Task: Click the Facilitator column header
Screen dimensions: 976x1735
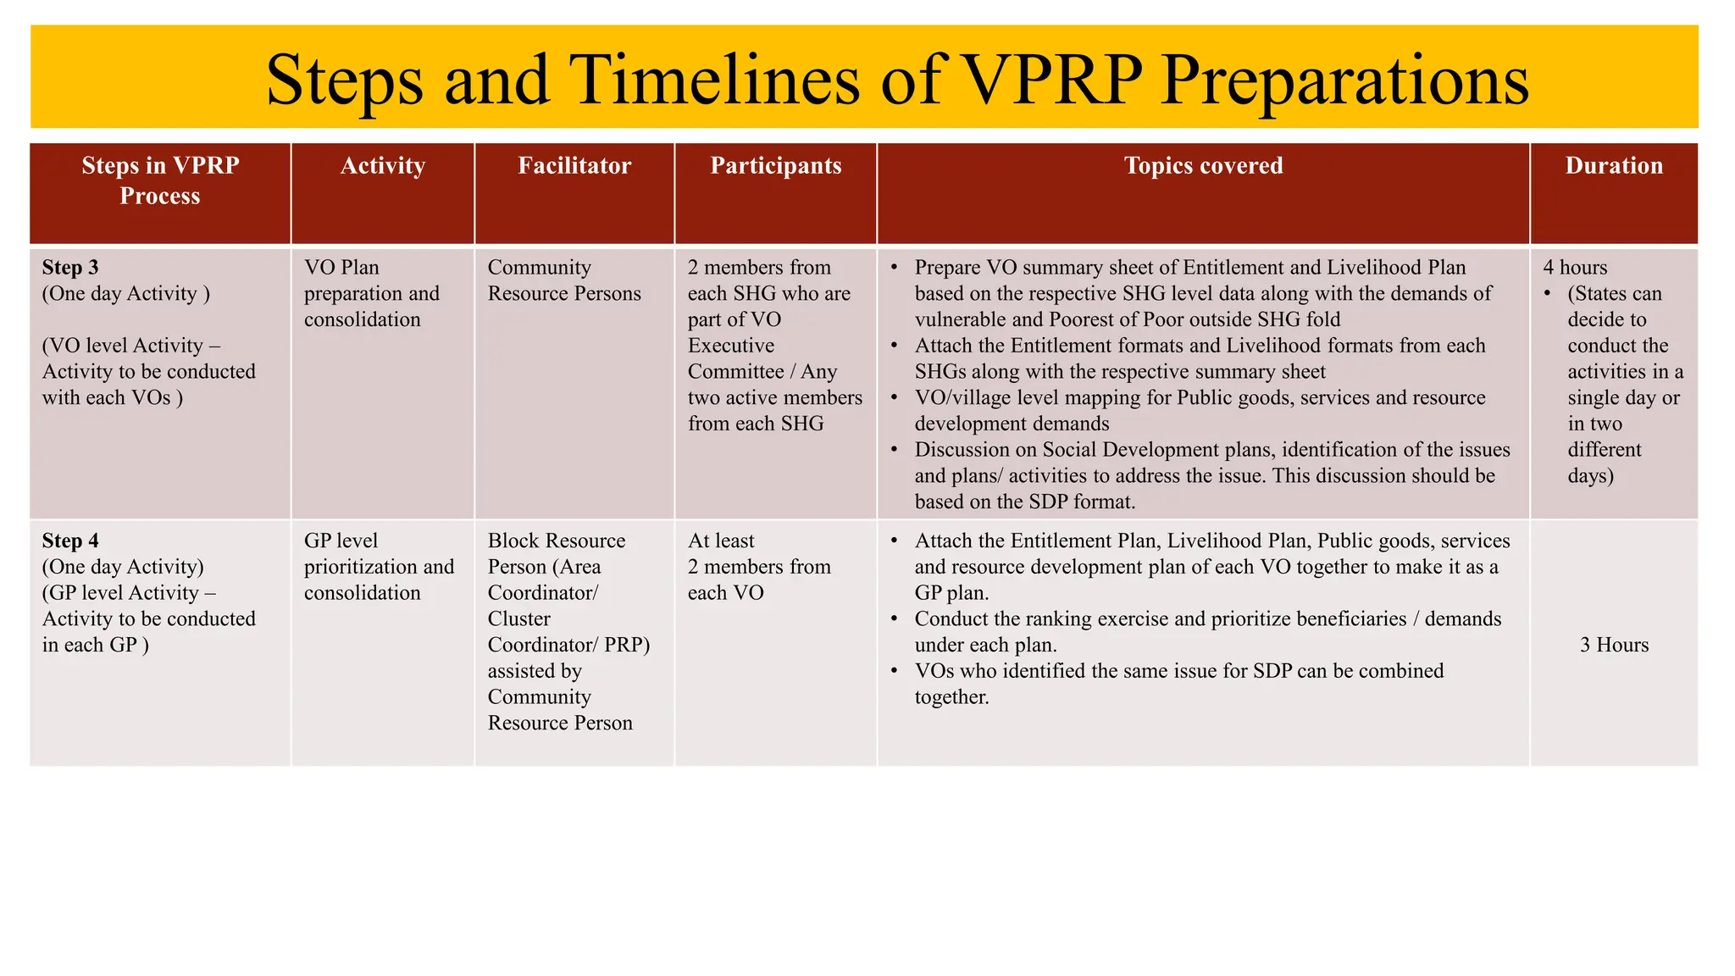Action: click(x=574, y=165)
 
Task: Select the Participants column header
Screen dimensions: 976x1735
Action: click(x=775, y=165)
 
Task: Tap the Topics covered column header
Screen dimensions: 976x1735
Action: click(x=1203, y=165)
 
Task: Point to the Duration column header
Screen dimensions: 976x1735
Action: click(x=1613, y=165)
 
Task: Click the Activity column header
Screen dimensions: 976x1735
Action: click(x=382, y=165)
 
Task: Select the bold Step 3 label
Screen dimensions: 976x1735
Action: click(x=70, y=268)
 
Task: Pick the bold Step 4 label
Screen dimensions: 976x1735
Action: click(x=70, y=541)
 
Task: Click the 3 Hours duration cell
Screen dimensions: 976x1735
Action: click(x=1614, y=645)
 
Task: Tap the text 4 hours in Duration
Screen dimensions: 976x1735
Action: click(x=1575, y=268)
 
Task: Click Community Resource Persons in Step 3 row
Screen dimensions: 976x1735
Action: click(x=563, y=280)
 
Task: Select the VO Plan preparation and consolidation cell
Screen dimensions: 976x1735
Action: click(x=371, y=293)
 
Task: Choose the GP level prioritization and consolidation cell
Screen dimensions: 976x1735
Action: click(x=378, y=567)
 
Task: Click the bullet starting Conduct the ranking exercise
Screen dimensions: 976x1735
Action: click(x=1206, y=631)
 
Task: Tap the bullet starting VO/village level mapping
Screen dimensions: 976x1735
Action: click(x=1199, y=410)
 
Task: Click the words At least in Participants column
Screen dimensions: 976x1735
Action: click(x=721, y=541)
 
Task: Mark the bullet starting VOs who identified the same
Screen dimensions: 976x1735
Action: click(x=1178, y=683)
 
